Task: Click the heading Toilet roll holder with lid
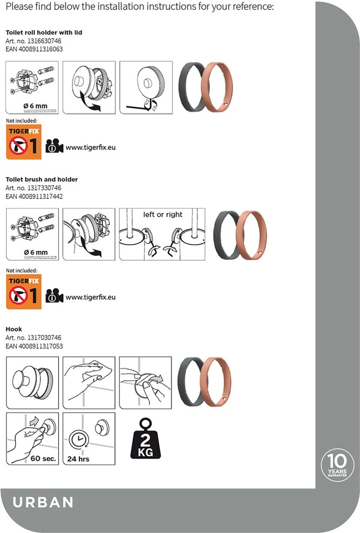click(44, 33)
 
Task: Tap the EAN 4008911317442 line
click(34, 196)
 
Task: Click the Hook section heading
click(14, 329)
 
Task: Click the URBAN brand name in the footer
click(43, 502)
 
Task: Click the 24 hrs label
click(78, 458)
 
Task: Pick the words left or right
click(163, 215)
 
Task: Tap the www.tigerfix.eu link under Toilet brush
click(90, 297)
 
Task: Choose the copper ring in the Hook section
click(217, 382)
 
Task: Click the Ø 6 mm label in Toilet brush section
click(36, 252)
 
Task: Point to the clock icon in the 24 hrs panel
click(77, 440)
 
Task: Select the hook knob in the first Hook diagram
click(24, 381)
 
